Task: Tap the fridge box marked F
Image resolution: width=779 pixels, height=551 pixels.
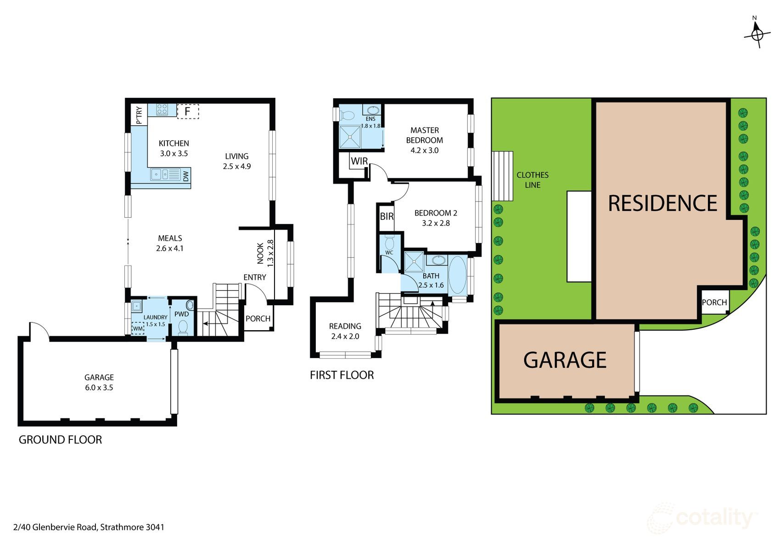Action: (x=188, y=111)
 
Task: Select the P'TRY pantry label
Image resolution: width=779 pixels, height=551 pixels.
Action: (x=140, y=115)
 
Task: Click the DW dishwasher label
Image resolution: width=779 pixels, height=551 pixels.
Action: (x=186, y=176)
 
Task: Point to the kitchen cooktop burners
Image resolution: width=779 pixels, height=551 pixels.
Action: (x=162, y=109)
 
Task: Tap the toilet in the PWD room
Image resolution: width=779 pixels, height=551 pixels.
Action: (x=183, y=327)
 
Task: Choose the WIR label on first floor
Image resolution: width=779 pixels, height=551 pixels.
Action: (x=359, y=161)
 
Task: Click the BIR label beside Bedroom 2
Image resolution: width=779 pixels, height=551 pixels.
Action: (x=387, y=216)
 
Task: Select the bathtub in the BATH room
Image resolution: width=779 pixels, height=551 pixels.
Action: (x=457, y=275)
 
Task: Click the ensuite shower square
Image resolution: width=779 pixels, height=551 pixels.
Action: (x=350, y=137)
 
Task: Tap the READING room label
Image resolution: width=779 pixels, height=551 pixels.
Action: (x=345, y=326)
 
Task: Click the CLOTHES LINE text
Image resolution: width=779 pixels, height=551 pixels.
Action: (x=532, y=180)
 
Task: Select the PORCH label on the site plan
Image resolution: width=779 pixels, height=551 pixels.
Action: (x=714, y=302)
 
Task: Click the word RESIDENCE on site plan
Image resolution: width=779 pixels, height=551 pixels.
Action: (x=662, y=203)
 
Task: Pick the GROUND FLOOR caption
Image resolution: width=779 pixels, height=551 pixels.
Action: (x=60, y=439)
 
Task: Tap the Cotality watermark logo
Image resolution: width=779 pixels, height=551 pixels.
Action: (x=702, y=519)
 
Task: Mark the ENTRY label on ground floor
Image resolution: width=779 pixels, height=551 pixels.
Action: (x=255, y=277)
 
